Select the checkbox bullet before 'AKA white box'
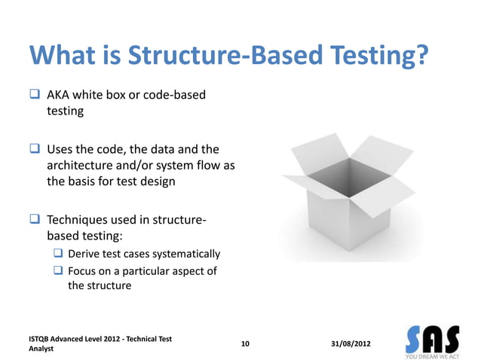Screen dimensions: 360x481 click(x=35, y=96)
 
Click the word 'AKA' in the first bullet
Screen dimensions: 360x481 click(x=60, y=96)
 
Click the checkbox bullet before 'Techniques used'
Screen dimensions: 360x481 click(x=35, y=221)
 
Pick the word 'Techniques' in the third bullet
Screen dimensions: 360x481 click(x=79, y=221)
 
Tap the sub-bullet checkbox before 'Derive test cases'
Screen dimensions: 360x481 click(x=58, y=254)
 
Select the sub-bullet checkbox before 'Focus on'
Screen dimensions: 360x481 click(x=58, y=270)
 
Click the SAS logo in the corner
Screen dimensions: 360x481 click(x=432, y=341)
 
